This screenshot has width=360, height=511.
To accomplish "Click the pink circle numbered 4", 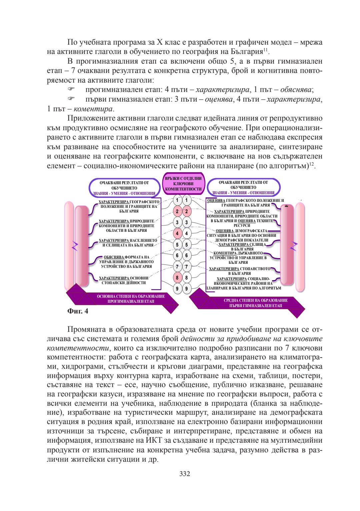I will coord(177,234).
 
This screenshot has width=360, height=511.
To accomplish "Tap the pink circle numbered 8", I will coord(177,277).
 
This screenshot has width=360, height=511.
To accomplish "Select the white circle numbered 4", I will coord(186,234).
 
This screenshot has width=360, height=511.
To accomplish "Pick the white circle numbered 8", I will coord(186,277).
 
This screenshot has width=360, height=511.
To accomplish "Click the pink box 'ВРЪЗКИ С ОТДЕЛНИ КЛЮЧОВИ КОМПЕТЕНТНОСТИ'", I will coord(183,184).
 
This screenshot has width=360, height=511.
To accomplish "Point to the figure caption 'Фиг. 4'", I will coord(78,311).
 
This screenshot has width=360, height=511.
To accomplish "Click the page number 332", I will coord(184,474).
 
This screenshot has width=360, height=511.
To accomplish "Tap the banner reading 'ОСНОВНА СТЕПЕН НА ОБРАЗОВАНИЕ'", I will coord(131,296).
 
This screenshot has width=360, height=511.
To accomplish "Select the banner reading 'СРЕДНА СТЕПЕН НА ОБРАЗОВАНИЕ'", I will coord(255,300).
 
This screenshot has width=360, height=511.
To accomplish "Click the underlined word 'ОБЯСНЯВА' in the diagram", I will coord(114,257).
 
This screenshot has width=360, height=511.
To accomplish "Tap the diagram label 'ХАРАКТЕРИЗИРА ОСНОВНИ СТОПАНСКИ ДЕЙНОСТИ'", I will coord(124,280).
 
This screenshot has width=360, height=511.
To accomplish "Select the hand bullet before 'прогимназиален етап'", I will coord(71,89).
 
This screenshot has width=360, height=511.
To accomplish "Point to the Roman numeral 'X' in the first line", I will coord(159,42).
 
